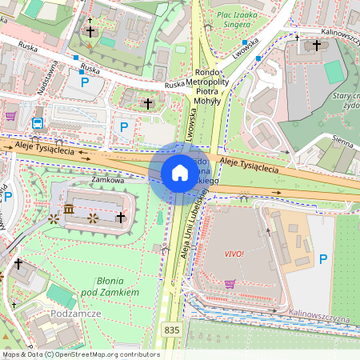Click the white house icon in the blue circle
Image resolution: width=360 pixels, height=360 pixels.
(x=180, y=173)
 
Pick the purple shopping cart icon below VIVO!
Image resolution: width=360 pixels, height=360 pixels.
(x=230, y=283)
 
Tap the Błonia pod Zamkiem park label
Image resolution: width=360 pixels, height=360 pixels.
(x=105, y=287)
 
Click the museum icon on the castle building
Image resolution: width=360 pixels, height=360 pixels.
(x=69, y=210)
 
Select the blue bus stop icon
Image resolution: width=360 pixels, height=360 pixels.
(x=38, y=122)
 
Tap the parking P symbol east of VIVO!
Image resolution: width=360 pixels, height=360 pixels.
(x=323, y=258)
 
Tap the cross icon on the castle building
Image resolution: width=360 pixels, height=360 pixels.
(x=121, y=217)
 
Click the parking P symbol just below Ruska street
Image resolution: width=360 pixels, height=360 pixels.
(x=84, y=81)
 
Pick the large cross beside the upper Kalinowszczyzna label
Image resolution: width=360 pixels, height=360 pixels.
(x=318, y=46)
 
